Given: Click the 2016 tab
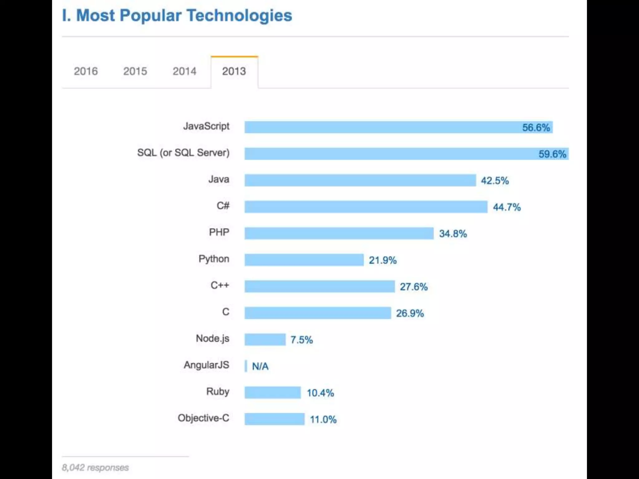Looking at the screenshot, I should click(x=85, y=71).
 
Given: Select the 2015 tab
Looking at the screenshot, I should click(x=135, y=71).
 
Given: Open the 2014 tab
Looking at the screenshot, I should click(x=184, y=71).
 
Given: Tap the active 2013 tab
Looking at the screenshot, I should click(x=234, y=71).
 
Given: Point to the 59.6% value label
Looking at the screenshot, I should click(x=552, y=154).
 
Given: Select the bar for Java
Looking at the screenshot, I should click(x=360, y=180).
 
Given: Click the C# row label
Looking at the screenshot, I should click(x=223, y=206).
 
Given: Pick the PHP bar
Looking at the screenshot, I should click(x=339, y=233).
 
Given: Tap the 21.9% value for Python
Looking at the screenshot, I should click(x=383, y=260).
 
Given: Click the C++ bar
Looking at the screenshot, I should click(x=319, y=286).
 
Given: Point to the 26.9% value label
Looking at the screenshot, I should click(x=410, y=313).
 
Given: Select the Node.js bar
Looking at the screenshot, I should click(x=265, y=339).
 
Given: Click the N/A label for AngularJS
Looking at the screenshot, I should click(x=260, y=366).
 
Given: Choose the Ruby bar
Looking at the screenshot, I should click(x=272, y=392).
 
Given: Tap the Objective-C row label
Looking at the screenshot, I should click(x=203, y=418).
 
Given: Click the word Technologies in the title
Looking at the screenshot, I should click(x=239, y=16).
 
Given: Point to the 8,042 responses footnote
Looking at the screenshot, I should click(x=95, y=467).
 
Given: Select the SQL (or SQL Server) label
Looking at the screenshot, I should click(x=183, y=153).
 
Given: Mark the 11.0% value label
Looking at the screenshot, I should click(x=323, y=419).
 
